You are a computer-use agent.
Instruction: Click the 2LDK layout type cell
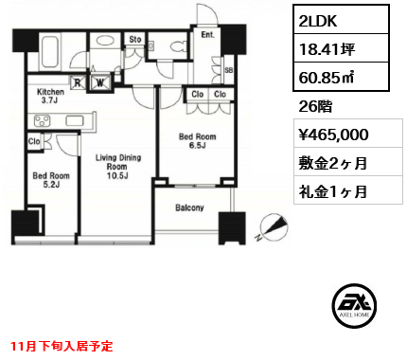point(341,20)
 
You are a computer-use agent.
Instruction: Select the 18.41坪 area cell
point(341,48)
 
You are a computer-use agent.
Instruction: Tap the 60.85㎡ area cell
point(341,77)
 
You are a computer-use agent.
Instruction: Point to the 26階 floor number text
point(315,106)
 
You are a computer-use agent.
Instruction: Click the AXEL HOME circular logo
point(354,306)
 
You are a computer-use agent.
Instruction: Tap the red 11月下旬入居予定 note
point(62,346)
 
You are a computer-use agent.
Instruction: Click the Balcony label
point(189,207)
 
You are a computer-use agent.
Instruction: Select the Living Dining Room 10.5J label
point(118,167)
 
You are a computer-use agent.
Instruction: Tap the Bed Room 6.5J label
point(198,141)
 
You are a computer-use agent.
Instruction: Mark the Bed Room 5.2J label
point(51,180)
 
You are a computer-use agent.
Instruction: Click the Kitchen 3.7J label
point(50,96)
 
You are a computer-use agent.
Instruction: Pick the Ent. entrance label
point(207,35)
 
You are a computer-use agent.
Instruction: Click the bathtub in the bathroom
point(51,53)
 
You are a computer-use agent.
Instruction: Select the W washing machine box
point(100,82)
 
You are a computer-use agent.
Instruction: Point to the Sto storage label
point(135,40)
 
